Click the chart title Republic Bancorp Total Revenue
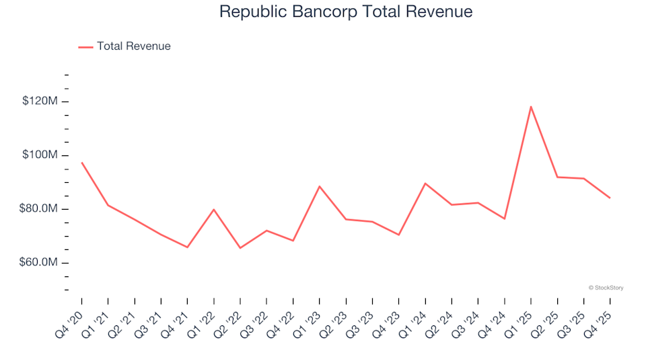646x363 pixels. [346, 12]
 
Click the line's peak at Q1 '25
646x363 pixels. [531, 106]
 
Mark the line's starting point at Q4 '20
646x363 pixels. [82, 163]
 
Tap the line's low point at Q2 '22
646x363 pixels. [240, 248]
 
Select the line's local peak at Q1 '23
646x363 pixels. [320, 186]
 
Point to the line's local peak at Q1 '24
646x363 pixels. [425, 183]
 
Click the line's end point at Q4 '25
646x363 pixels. [610, 198]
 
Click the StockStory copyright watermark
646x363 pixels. [606, 288]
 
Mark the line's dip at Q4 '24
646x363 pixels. [504, 218]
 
